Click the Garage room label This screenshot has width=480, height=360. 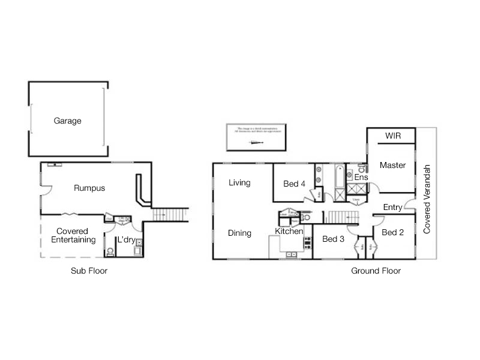click(x=67, y=121)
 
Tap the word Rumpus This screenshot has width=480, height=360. click(x=89, y=188)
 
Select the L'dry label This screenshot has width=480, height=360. click(x=126, y=239)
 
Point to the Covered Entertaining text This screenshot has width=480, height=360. click(x=73, y=235)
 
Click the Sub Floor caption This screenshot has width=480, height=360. click(x=89, y=271)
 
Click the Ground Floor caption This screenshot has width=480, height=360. click(x=376, y=271)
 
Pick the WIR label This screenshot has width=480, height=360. click(x=392, y=136)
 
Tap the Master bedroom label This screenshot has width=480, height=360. click(x=392, y=165)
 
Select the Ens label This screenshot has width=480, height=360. click(x=361, y=177)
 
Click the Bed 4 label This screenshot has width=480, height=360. click(x=295, y=184)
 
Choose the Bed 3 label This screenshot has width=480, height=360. click(x=333, y=239)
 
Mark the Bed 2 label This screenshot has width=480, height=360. click(x=392, y=232)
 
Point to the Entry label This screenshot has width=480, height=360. click(x=392, y=207)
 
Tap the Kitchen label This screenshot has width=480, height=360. click(x=289, y=231)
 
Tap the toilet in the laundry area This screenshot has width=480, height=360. click(x=110, y=252)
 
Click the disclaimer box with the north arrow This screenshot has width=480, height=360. click(x=254, y=137)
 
